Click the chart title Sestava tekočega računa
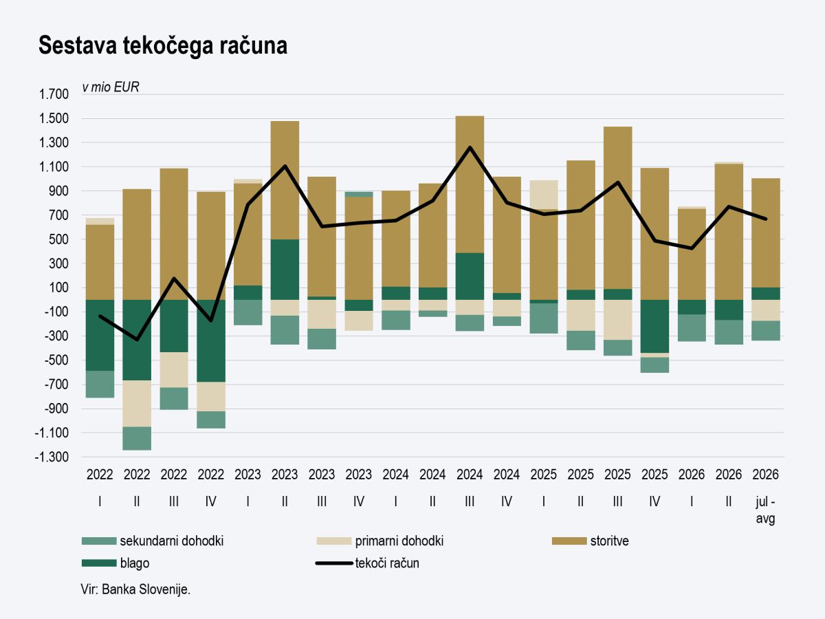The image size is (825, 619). (x=163, y=45)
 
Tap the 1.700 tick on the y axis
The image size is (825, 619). (x=54, y=94)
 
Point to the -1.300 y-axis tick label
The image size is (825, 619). (x=52, y=457)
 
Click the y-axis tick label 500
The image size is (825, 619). (x=58, y=239)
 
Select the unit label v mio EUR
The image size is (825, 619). (x=111, y=87)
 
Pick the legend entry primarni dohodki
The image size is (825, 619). (x=380, y=541)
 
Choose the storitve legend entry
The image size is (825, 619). (x=591, y=541)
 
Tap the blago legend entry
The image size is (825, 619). (x=115, y=563)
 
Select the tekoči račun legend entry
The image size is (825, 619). (x=368, y=563)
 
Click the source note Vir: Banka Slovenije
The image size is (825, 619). (x=135, y=589)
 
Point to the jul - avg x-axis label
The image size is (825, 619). (x=765, y=510)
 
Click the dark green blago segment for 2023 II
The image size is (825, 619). (x=285, y=270)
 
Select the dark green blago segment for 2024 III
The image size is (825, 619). (x=470, y=276)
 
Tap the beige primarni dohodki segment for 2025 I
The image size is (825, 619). (x=544, y=195)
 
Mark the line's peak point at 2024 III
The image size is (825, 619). (x=470, y=147)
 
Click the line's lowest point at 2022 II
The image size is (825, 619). (x=137, y=339)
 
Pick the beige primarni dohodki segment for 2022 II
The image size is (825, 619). (x=137, y=404)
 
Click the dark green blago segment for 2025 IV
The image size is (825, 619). (x=654, y=326)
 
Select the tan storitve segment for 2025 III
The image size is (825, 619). (x=618, y=208)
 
